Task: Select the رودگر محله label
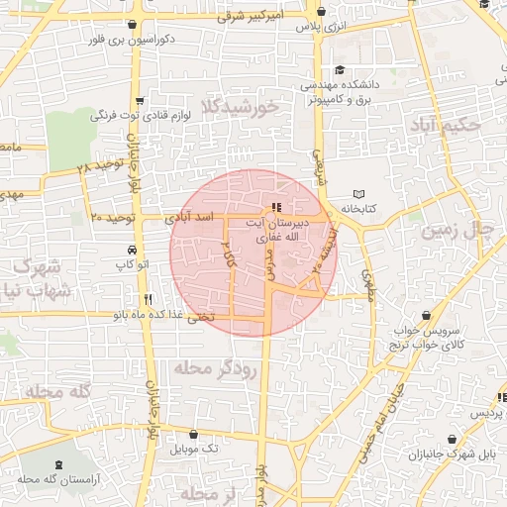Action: click(215, 367)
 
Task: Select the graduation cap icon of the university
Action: click(340, 69)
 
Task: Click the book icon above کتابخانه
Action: click(359, 193)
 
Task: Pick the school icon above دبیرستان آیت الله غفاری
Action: click(275, 207)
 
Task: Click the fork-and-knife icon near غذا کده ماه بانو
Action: click(148, 298)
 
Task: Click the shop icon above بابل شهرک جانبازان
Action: click(453, 439)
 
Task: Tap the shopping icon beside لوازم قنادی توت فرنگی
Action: click(141, 100)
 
